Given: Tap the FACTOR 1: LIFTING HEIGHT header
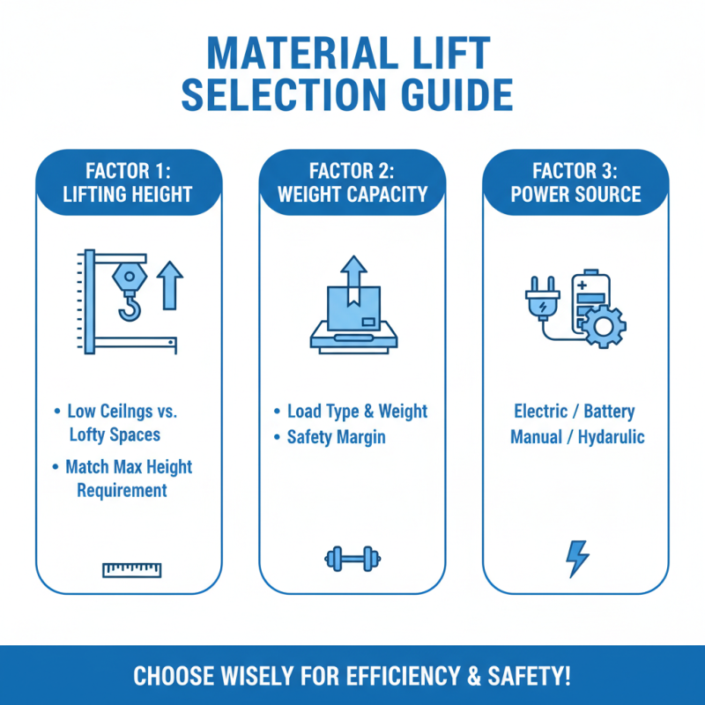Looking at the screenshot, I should pos(129,183).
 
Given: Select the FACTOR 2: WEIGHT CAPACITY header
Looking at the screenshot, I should pos(352,183).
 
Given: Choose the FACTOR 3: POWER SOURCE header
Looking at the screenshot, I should pos(575,183).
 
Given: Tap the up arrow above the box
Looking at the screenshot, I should pos(352,270).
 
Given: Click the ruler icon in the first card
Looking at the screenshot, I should pos(131,569).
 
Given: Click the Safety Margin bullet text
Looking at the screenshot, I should pos(336,437).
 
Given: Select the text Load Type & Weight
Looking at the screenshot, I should pos(357,412).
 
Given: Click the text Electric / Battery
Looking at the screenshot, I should pos(575,412).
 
